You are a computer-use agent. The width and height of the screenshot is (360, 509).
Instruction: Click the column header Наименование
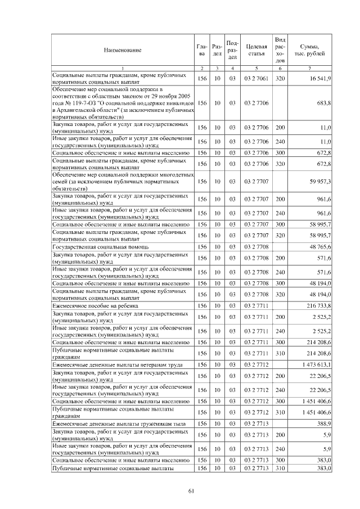(122, 50)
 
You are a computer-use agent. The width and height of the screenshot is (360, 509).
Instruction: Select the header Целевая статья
(256, 50)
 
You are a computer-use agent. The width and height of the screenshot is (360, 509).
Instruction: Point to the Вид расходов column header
(280, 49)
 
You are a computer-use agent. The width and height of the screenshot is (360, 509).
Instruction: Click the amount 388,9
(324, 423)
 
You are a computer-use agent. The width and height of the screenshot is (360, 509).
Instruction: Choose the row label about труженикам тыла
(112, 423)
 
